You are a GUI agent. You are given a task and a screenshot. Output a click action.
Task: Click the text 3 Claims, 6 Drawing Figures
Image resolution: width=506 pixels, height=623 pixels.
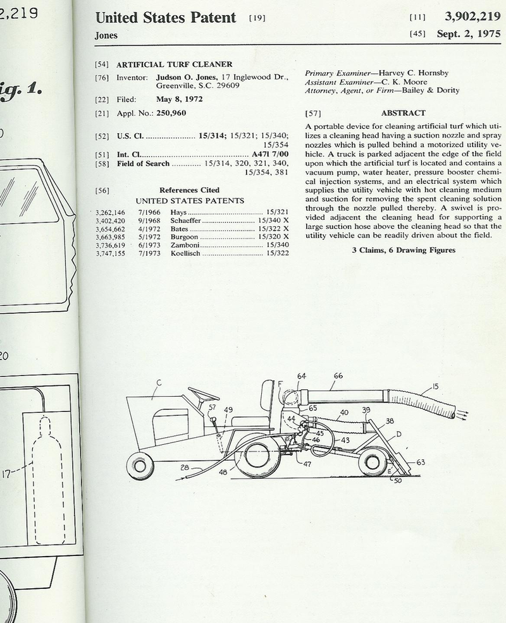[403, 250]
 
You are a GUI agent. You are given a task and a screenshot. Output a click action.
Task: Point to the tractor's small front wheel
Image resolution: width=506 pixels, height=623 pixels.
[140, 467]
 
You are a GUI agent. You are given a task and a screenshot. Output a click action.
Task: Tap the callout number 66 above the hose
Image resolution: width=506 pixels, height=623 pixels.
[338, 376]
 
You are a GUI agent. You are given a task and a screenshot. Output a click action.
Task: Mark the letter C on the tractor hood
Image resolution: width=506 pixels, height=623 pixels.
[157, 382]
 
